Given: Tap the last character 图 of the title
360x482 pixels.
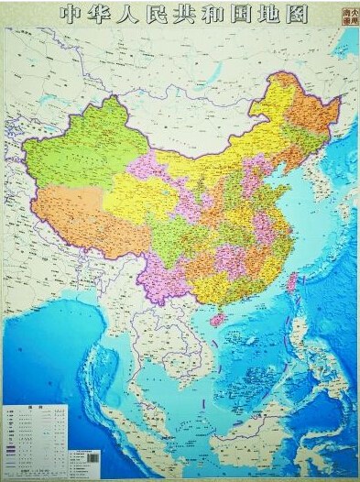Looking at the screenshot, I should (296, 15).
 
